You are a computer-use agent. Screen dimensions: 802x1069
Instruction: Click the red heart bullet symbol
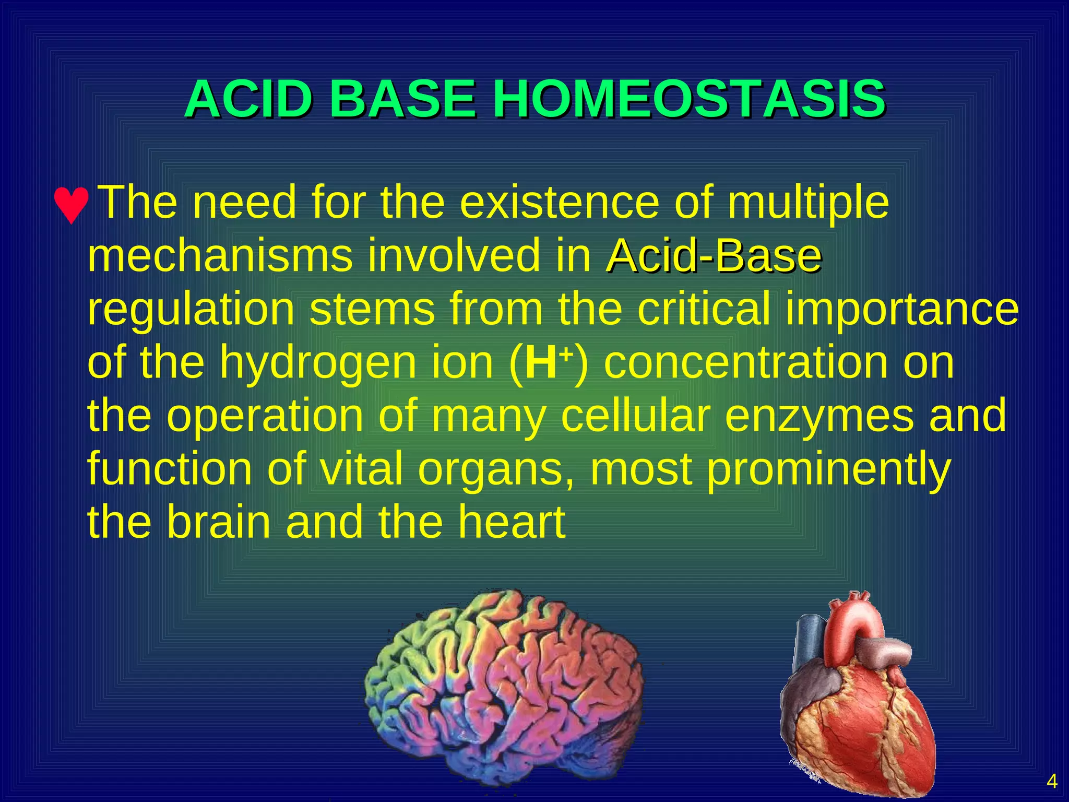coord(72,205)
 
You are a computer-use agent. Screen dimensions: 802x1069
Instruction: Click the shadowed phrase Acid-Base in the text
coord(714,256)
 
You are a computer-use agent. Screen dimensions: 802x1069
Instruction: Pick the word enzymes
coord(819,416)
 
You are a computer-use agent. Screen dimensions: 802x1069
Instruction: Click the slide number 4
coord(1052,782)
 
